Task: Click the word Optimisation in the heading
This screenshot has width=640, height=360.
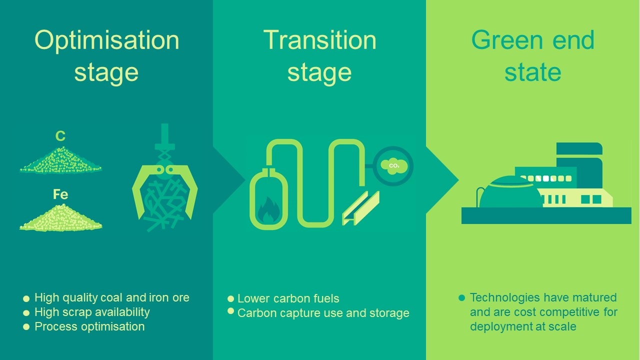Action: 107,40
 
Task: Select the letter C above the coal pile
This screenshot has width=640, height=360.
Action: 60,136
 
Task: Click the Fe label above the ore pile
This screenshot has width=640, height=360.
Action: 60,194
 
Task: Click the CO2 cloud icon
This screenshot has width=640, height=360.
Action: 393,166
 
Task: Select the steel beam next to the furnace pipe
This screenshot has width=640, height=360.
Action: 361,208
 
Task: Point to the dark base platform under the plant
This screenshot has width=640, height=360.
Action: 546,215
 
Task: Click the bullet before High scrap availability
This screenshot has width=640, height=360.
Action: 26,313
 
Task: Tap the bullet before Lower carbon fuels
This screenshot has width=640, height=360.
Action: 231,299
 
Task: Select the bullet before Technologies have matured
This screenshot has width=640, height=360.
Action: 461,297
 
